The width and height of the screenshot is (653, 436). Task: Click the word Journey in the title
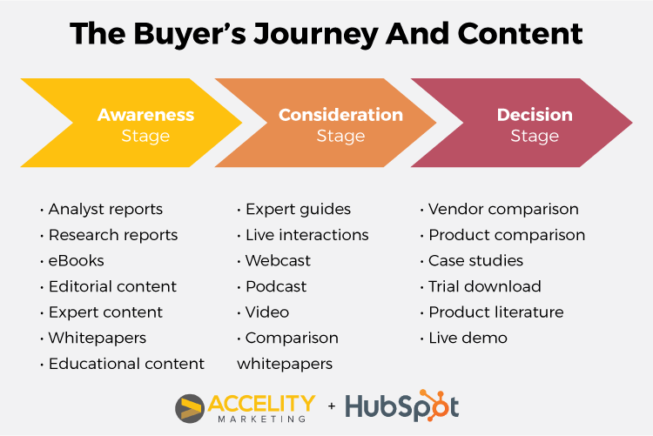pyautogui.click(x=316, y=34)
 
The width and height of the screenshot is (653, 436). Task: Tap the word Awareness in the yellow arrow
pyautogui.click(x=145, y=115)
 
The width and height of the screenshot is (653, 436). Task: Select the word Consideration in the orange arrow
pyautogui.click(x=340, y=115)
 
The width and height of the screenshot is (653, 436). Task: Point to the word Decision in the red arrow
pyautogui.click(x=535, y=115)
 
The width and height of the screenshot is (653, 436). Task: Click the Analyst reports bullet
pyautogui.click(x=105, y=209)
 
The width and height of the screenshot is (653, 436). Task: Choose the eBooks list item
pyautogui.click(x=77, y=261)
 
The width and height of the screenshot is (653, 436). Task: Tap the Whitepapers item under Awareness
pyautogui.click(x=98, y=339)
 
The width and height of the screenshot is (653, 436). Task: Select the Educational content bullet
pyautogui.click(x=126, y=364)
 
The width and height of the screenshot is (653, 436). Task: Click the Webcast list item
pyautogui.click(x=278, y=261)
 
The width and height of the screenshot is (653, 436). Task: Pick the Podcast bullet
pyautogui.click(x=276, y=286)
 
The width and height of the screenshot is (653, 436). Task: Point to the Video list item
pyautogui.click(x=267, y=312)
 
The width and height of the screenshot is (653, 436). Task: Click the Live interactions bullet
pyautogui.click(x=307, y=235)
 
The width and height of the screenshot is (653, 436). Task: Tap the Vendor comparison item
pyautogui.click(x=503, y=209)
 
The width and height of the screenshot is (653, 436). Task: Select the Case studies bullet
pyautogui.click(x=475, y=261)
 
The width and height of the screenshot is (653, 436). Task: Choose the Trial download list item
pyautogui.click(x=485, y=286)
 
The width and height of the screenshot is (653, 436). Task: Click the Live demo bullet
pyautogui.click(x=468, y=339)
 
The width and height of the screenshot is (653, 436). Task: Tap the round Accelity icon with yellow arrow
pyautogui.click(x=190, y=408)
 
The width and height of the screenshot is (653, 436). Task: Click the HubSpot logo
pyautogui.click(x=402, y=406)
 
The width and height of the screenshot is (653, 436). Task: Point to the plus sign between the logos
pyautogui.click(x=332, y=406)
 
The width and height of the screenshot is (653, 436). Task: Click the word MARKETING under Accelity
pyautogui.click(x=262, y=419)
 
